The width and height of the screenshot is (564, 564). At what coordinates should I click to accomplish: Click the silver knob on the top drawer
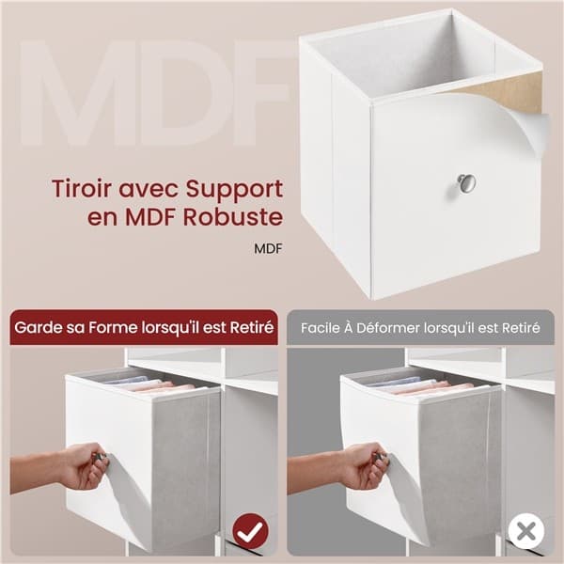pos(466,183)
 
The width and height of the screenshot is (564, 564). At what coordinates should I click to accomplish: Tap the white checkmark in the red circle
pos(250,531)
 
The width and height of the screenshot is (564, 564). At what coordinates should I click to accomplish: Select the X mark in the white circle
pos(526,531)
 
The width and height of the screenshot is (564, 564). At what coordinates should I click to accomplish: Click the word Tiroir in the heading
pos(83,188)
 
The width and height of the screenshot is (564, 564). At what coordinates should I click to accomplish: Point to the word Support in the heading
pos(234,190)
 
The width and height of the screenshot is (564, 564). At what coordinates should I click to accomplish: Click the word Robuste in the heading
pos(233,216)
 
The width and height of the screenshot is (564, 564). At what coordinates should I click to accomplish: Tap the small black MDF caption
pos(268,248)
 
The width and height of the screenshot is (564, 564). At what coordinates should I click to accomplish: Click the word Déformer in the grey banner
pos(388,328)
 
